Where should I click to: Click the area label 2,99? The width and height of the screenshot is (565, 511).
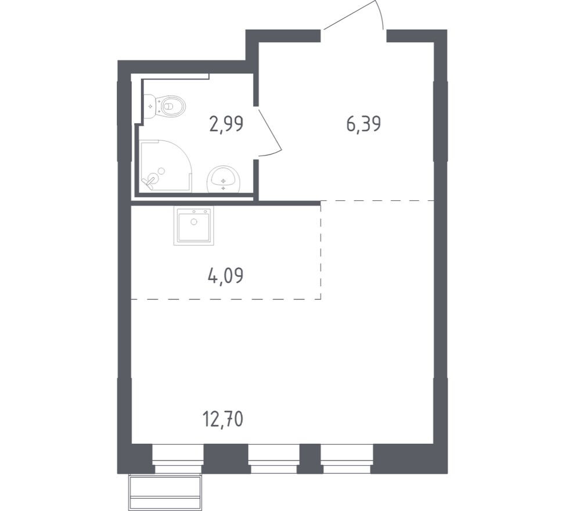pos(226,124)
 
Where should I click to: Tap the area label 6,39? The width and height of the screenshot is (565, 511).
pos(364,124)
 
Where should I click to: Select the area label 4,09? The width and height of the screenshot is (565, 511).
pos(225,275)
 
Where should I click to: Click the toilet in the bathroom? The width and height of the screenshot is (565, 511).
pos(172,106)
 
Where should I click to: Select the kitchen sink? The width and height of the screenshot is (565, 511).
pos(193,226)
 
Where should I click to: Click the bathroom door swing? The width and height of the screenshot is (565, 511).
pos(269,133)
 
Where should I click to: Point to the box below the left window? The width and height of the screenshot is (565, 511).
pos(165,492)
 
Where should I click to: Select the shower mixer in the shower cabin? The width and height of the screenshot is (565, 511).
pos(151,179)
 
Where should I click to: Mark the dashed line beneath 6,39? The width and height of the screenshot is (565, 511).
pos(377,200)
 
